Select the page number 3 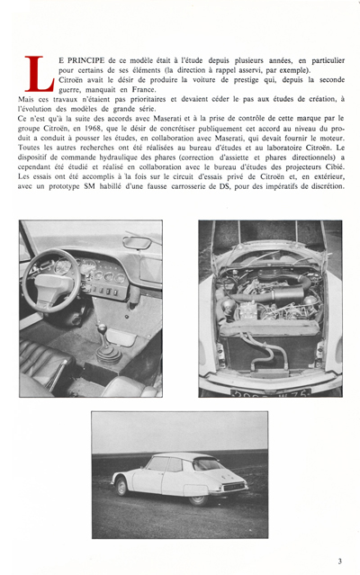tap(340, 561)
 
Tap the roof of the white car tap(162, 457)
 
